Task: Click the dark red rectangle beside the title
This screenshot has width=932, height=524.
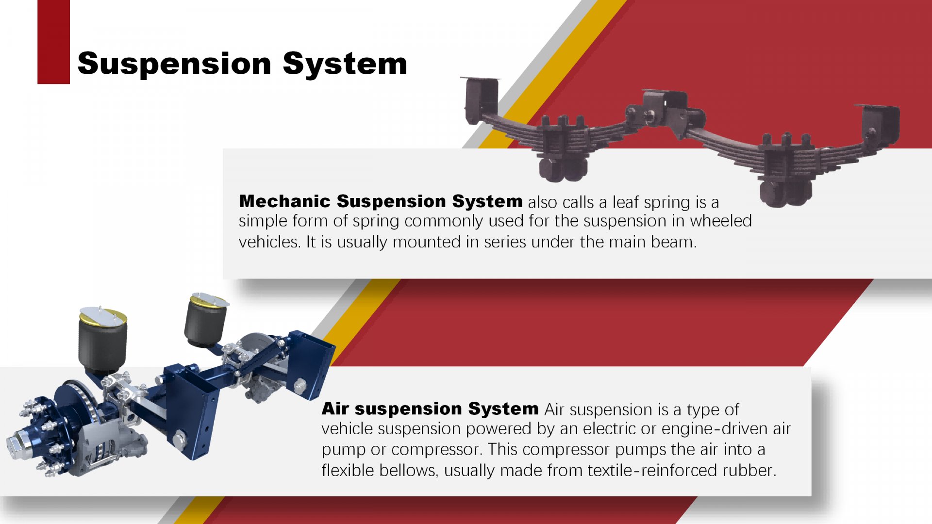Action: pos(53,42)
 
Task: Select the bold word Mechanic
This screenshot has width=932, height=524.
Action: pos(285,201)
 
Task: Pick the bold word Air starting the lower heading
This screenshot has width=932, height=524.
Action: pos(335,409)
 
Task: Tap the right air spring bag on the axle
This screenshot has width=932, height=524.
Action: pos(206,320)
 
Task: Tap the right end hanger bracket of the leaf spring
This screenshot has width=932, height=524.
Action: pos(880,124)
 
